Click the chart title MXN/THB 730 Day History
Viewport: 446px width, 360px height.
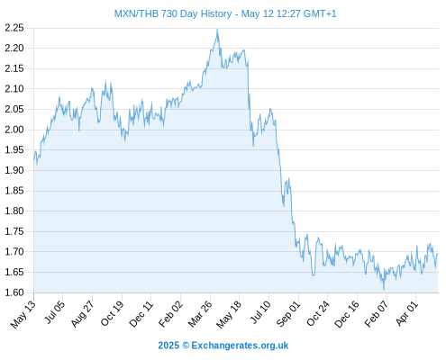point(173,13)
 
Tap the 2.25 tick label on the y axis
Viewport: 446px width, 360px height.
point(14,28)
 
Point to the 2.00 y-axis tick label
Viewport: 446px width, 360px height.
point(14,130)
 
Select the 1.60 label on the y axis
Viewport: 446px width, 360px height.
point(14,292)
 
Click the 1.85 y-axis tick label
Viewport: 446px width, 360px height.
point(14,191)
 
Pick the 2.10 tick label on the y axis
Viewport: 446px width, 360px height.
point(14,89)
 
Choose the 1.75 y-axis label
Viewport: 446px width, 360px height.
point(14,231)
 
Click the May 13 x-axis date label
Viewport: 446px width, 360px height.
point(23,314)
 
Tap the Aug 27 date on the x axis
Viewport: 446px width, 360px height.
point(83,314)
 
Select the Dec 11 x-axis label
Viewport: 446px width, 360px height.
point(141,314)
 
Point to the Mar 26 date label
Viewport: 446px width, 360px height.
point(200,314)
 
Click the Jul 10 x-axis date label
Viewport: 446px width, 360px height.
point(260,312)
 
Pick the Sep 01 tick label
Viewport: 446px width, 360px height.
point(288,314)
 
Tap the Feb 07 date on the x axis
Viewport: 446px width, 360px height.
point(377,314)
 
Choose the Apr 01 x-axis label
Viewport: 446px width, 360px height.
point(407,313)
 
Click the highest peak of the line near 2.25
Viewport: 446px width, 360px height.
point(217,29)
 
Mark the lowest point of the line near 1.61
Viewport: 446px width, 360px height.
point(384,290)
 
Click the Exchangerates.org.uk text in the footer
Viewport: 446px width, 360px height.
point(240,346)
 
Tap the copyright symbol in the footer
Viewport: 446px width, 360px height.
point(186,346)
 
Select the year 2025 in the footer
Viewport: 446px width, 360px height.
point(168,346)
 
